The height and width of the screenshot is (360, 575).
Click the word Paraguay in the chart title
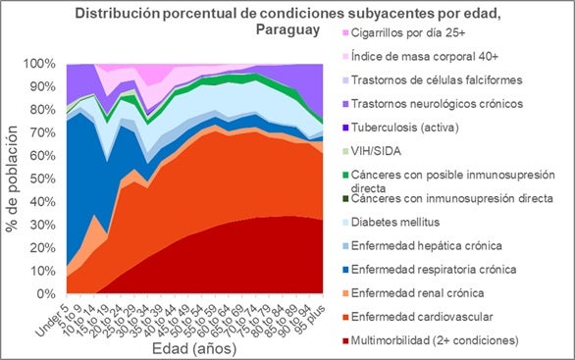point(287,30)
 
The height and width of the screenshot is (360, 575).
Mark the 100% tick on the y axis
point(47,64)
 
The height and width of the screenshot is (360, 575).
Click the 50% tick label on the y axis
point(50,179)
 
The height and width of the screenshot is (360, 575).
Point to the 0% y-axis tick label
point(53,294)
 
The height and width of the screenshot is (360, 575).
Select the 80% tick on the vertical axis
point(50,110)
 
